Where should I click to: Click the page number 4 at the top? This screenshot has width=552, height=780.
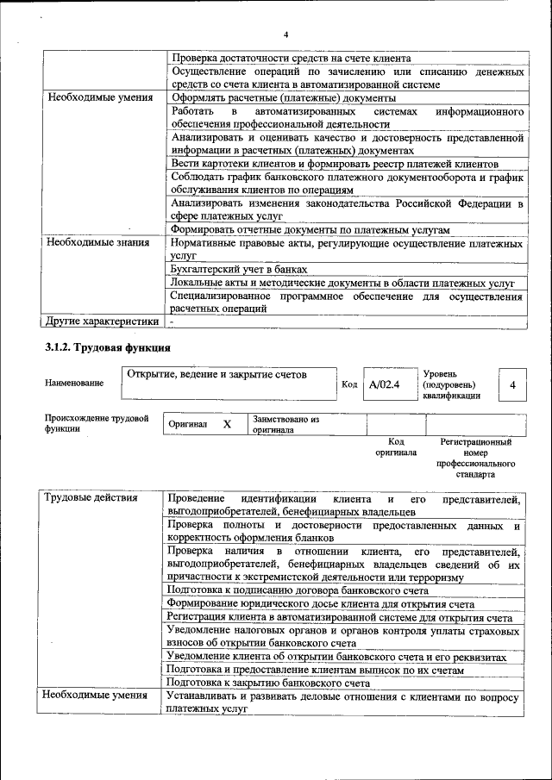285,34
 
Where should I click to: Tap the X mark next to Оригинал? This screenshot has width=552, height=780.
228,425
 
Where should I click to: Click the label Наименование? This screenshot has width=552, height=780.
74,383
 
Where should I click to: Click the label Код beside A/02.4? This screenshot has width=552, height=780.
349,385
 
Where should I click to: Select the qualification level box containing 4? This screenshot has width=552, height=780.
512,385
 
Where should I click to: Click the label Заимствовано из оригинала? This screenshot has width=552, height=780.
286,424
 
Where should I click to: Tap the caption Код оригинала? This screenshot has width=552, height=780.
396,446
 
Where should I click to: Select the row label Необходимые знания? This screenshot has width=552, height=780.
93,244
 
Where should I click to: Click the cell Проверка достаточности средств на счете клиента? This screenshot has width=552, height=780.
290,57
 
